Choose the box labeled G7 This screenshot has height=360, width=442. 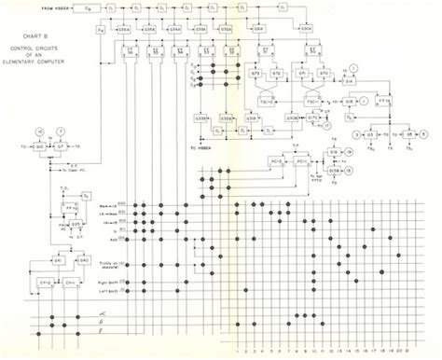63,147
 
